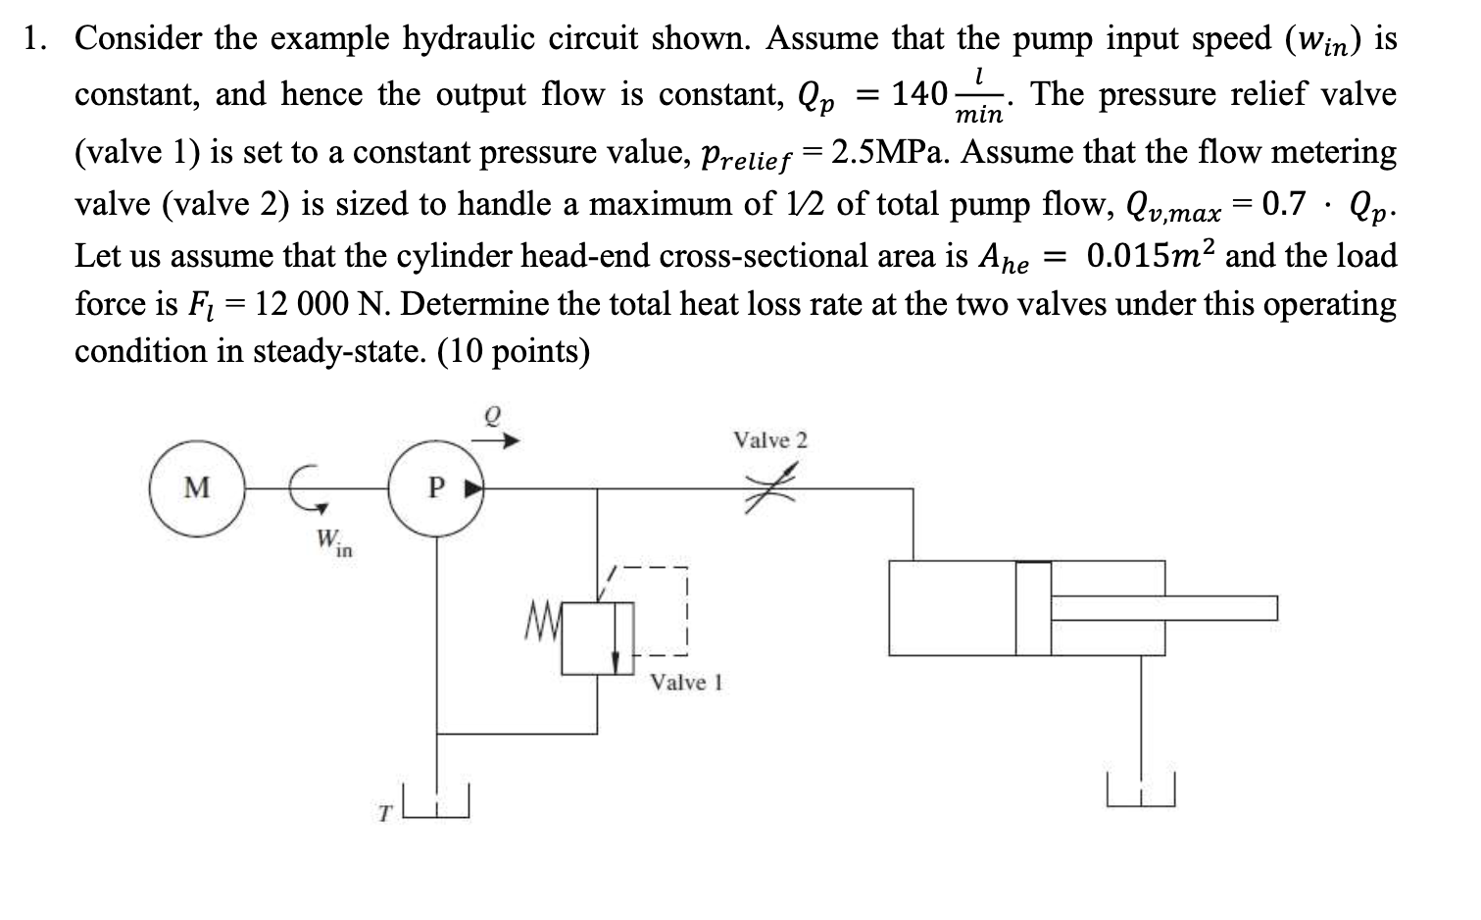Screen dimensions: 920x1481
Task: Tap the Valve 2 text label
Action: click(x=770, y=440)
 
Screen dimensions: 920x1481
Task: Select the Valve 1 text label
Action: click(x=686, y=683)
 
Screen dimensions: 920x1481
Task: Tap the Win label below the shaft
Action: click(x=333, y=542)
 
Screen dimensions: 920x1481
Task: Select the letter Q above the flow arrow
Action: click(x=494, y=416)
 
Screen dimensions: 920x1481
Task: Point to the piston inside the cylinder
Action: click(x=1032, y=608)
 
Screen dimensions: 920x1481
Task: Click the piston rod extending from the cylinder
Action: click(x=1166, y=608)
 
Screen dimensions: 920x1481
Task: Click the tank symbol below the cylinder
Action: click(x=1140, y=790)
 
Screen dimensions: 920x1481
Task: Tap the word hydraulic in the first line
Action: click(x=469, y=39)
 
